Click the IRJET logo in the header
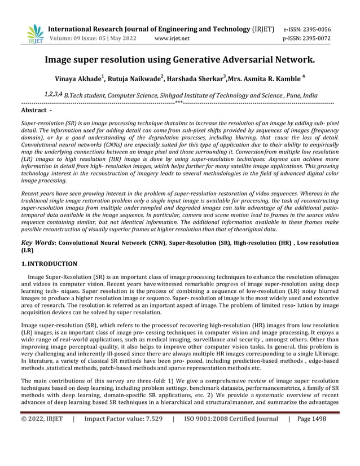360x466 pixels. point(35,34)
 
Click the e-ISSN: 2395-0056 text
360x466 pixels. point(307,29)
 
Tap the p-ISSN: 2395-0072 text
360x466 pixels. point(307,39)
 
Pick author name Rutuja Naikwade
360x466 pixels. point(134,80)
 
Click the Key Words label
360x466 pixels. point(38,242)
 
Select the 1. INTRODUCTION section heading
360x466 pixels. point(49,263)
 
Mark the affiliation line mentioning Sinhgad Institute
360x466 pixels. point(180,95)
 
